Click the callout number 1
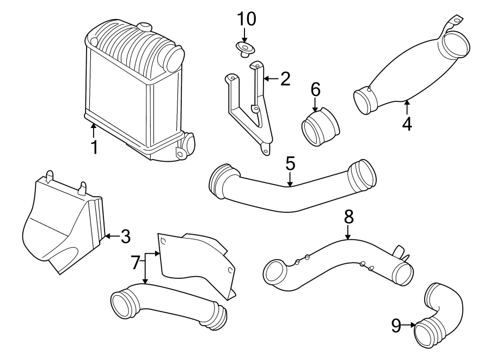(94, 147)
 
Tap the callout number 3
(125, 236)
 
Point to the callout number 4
(407, 123)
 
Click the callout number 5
(290, 163)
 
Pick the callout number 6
(316, 89)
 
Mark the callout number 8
(348, 216)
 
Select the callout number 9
(396, 326)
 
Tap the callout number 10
(246, 19)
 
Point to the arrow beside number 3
(111, 236)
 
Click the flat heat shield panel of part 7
(191, 261)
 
